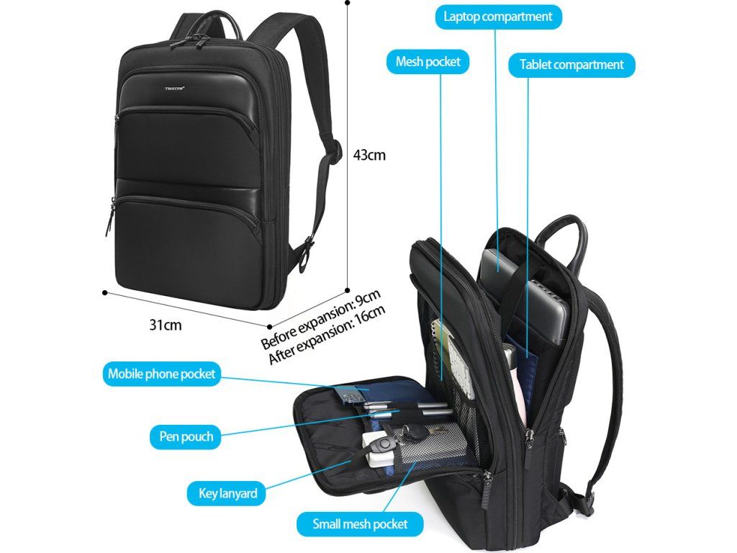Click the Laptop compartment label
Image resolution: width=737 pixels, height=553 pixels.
498,17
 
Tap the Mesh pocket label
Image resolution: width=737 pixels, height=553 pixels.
428,62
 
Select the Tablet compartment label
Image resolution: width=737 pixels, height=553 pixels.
571,65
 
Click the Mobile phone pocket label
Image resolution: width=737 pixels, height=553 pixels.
161,374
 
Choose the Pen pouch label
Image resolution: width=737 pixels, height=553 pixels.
186,436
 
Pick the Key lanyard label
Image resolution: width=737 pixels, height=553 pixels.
227,494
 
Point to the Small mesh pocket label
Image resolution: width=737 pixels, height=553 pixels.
360,523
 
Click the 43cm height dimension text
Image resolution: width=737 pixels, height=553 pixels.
369,155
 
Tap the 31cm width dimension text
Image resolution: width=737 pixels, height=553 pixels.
166,325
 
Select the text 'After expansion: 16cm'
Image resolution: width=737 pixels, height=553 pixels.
327,336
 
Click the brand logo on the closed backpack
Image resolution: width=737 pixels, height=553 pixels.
175,89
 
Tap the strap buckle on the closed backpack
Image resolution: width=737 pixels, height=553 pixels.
309,248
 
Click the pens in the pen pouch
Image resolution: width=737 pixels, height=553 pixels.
403,411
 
